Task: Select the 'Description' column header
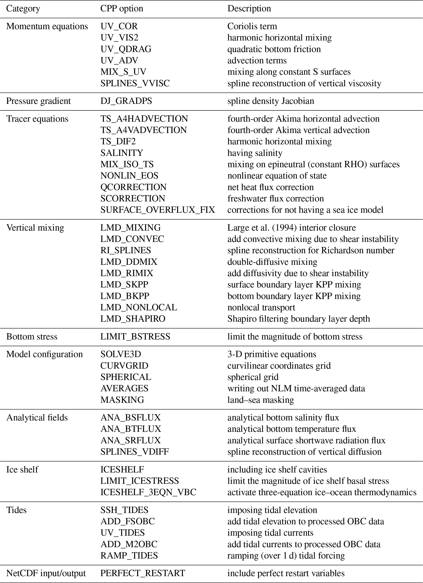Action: pos(249,8)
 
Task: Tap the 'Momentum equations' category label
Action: pos(47,26)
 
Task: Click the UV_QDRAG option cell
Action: pos(126,49)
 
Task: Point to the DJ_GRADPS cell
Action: pos(126,101)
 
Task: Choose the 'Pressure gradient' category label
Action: pos(38,101)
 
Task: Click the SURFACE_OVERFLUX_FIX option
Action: pos(157,210)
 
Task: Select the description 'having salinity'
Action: pos(255,153)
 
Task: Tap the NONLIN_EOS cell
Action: pos(129,176)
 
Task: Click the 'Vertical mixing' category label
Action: pos(35,227)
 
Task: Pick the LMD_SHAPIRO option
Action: pos(133,318)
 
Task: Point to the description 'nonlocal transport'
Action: pos(261,307)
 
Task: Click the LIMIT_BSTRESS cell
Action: pos(135,336)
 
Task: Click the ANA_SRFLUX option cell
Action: pos(130,440)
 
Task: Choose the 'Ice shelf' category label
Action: pos(22,469)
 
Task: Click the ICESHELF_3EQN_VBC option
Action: pos(148,492)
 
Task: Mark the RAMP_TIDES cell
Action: pos(129,555)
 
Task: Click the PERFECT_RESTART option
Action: pos(143,573)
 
